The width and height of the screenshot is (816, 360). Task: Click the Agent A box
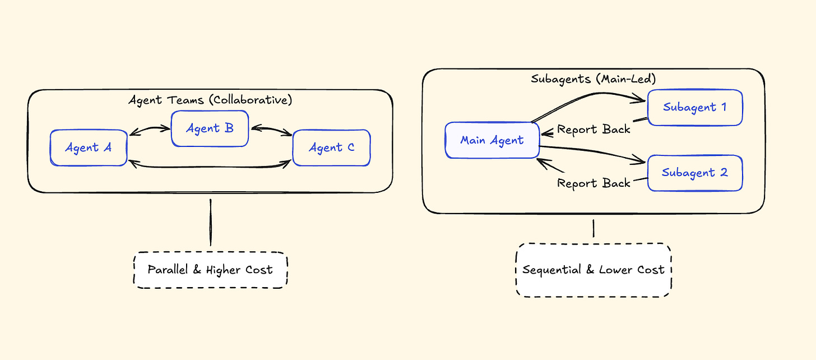[x=89, y=147]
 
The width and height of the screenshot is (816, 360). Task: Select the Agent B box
[x=210, y=128]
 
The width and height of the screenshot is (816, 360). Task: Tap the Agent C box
[x=331, y=147]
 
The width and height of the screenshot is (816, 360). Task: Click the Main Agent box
[x=492, y=140]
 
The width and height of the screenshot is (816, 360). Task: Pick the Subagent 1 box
[x=695, y=107]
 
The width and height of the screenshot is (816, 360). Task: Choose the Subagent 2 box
[x=695, y=173]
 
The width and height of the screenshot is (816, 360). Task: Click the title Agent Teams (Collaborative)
[x=210, y=100]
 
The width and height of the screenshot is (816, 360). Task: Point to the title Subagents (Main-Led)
[x=593, y=79]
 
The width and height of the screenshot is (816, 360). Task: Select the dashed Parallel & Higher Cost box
[x=210, y=270]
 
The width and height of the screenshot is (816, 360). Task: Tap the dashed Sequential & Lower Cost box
[x=593, y=270]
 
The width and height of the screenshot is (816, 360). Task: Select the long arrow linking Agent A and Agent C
[x=210, y=166]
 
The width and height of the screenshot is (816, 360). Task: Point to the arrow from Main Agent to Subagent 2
[x=591, y=153]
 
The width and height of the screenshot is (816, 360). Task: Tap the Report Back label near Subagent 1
[x=594, y=130]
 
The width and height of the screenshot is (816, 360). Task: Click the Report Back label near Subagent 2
[x=594, y=183]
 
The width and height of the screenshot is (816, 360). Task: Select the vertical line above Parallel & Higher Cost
[x=210, y=222]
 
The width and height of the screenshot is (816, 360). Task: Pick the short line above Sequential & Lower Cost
[x=594, y=228]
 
